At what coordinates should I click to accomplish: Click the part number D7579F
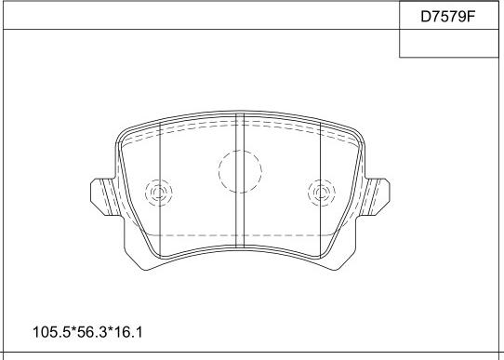click(x=447, y=17)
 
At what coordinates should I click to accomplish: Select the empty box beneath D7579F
click(x=449, y=44)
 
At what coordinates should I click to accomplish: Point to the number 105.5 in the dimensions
click(x=51, y=332)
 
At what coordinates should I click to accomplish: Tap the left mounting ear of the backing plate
click(x=104, y=196)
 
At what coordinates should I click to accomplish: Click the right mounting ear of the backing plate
click(x=376, y=196)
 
